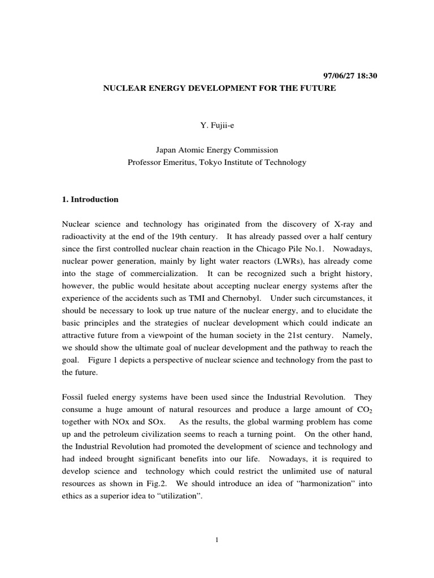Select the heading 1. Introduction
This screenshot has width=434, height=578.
pos(90,199)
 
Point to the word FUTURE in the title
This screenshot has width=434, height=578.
pos(319,89)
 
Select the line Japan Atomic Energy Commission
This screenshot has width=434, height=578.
pos(217,150)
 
